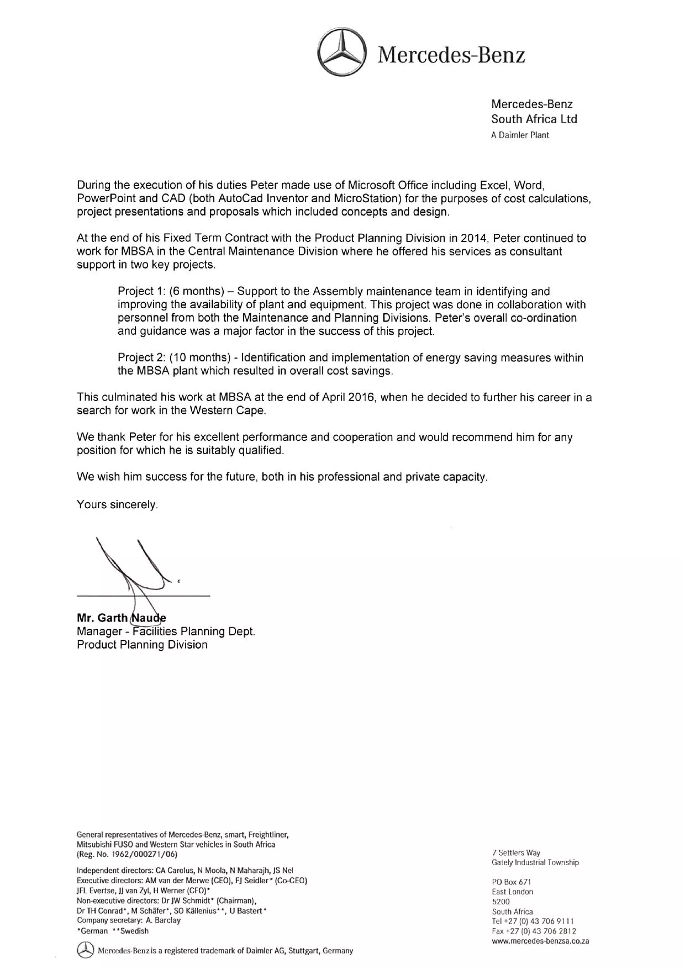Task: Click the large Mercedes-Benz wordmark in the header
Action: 451,55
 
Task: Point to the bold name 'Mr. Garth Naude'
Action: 121,618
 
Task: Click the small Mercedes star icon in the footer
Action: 85,950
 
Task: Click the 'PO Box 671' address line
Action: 511,882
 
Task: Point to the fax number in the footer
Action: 533,931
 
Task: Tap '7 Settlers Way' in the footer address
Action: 516,853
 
